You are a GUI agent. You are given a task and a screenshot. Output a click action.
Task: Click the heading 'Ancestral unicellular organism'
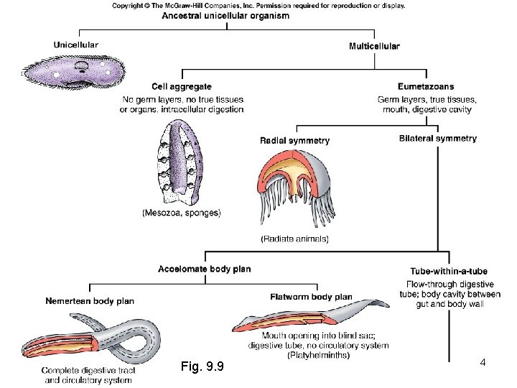point(225,16)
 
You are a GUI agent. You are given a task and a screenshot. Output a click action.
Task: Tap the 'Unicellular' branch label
point(76,45)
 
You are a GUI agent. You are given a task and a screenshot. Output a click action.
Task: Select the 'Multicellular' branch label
point(374,46)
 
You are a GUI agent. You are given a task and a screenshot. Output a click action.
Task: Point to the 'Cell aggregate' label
point(182,87)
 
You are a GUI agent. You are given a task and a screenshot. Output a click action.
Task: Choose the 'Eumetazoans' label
point(426,87)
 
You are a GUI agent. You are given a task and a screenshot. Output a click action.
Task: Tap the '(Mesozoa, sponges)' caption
point(182,213)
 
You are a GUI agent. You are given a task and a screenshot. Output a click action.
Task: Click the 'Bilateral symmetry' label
point(437,138)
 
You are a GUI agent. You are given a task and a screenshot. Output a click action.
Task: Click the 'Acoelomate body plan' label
point(205,269)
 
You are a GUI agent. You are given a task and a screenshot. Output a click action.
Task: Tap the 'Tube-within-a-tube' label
point(448,272)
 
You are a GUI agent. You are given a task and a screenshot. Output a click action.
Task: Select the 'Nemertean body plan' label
point(90,300)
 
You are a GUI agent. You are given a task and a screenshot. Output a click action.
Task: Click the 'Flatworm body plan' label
point(311,297)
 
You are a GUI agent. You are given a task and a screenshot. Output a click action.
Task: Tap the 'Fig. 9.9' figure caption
point(204,367)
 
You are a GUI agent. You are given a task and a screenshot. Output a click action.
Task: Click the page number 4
point(483,363)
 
